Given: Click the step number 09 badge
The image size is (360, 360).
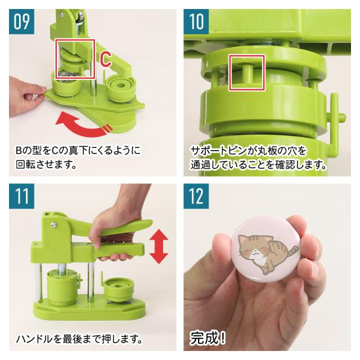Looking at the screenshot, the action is click(21, 21).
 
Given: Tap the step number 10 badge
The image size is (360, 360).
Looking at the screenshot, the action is click(196, 21).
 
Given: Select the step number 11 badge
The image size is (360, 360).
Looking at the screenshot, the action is click(21, 196).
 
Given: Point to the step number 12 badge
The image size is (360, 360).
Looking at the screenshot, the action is click(196, 196).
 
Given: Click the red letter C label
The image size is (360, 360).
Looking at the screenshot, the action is click(106, 60).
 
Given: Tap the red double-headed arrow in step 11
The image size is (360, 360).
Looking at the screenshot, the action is click(159, 246).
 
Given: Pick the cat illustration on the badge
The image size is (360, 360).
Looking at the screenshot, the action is click(268, 253).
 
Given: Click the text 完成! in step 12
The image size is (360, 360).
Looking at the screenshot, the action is click(208, 337).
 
